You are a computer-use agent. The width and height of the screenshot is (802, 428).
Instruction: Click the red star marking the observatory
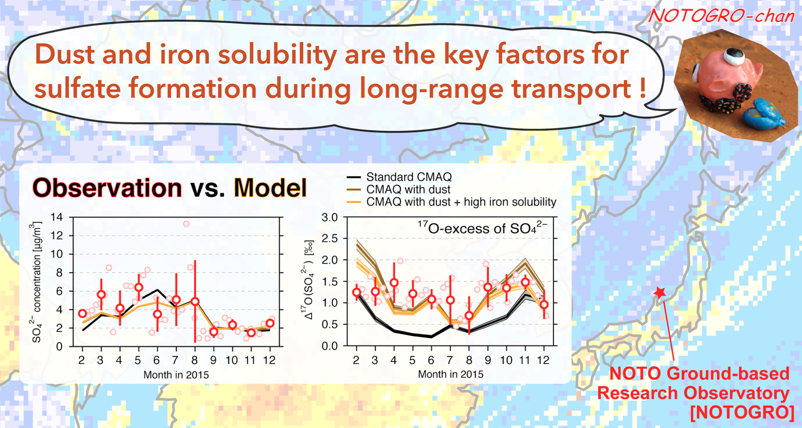tap(660, 293)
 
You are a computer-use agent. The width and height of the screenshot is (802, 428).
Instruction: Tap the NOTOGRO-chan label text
tap(721, 16)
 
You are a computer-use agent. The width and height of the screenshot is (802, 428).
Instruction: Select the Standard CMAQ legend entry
tap(409, 177)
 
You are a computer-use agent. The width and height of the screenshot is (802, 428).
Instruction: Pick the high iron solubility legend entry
tap(461, 202)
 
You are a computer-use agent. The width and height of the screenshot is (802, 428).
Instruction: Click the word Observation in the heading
tap(107, 188)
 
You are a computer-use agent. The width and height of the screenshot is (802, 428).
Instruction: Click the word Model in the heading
tap(270, 188)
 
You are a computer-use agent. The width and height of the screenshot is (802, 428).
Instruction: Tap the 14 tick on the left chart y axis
tap(56, 217)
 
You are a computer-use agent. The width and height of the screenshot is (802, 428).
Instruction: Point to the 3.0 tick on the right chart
tap(330, 217)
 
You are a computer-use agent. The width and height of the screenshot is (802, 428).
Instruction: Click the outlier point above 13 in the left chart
tap(186, 224)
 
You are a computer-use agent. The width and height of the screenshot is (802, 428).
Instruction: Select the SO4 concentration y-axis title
tap(36, 282)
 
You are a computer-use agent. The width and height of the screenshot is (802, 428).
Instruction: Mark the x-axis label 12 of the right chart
tap(543, 360)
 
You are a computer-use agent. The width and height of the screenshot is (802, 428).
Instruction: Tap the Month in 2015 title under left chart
tap(176, 375)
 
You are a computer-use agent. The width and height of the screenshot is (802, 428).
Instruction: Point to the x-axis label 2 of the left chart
tap(82, 360)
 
